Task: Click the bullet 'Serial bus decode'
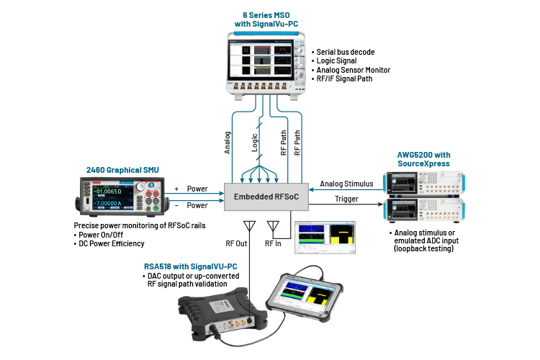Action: click(350, 53)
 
